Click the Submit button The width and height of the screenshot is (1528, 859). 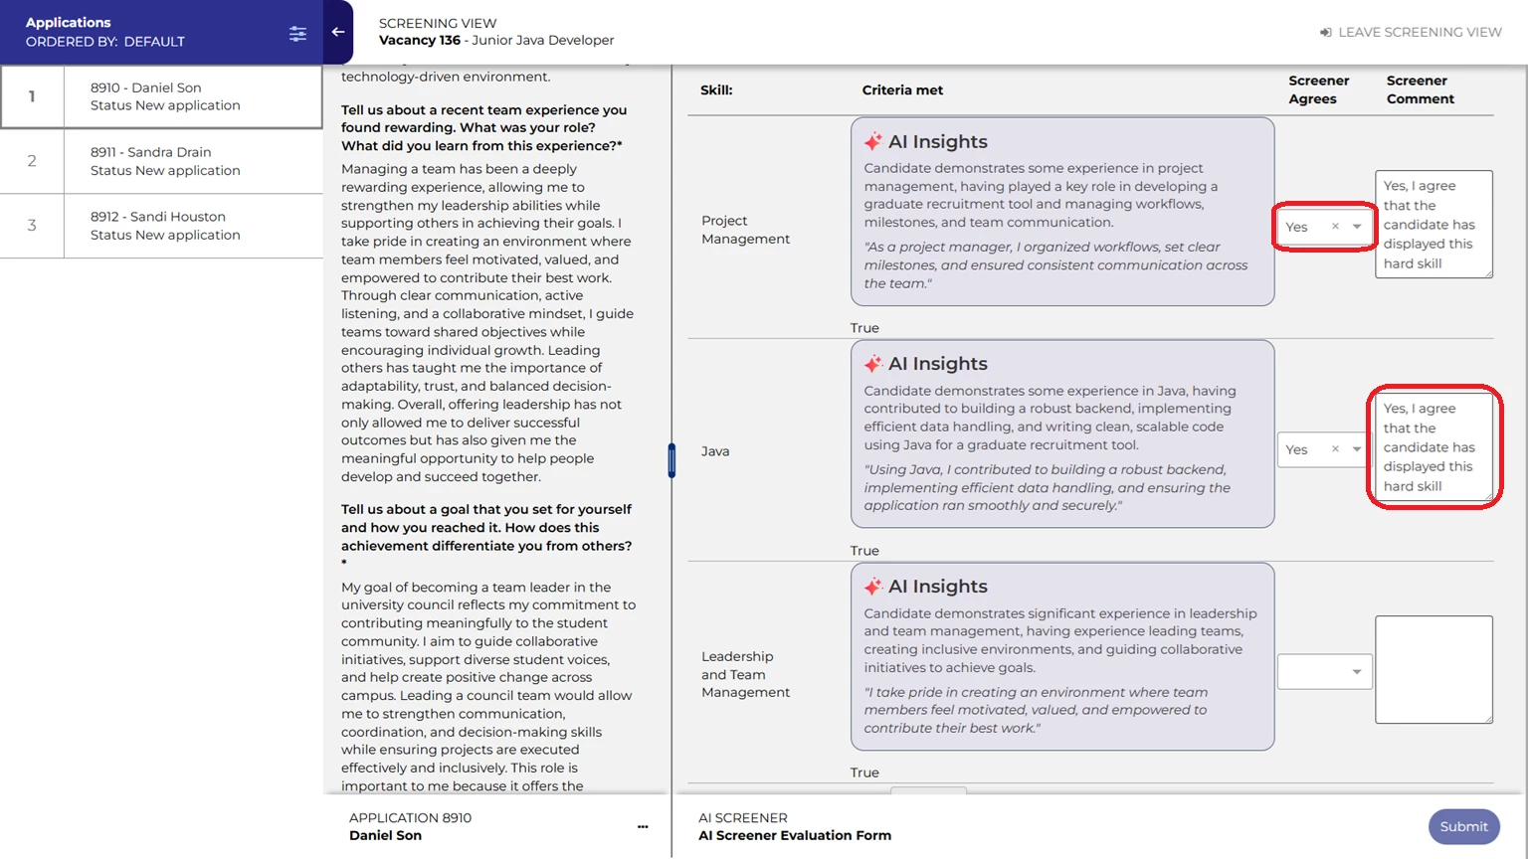pos(1463,826)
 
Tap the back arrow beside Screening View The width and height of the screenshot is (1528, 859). pos(338,32)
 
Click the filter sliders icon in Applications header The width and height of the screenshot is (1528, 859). pos(297,34)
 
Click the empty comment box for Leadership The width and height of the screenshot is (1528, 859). pos(1433,669)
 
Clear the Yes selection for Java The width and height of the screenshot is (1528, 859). pos(1335,449)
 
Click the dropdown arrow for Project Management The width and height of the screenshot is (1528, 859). pos(1357,227)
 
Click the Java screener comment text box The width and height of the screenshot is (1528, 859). pos(1433,446)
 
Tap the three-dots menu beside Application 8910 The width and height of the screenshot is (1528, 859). pos(643,826)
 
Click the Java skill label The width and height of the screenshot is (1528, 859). pos(715,451)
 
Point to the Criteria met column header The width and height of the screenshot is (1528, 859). pos(902,89)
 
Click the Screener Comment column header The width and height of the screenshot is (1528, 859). pos(1420,89)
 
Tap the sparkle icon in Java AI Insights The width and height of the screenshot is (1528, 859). pos(873,364)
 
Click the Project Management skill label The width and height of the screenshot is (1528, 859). pos(745,230)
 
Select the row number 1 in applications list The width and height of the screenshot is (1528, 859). pos(32,96)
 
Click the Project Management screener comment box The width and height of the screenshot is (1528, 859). pos(1433,224)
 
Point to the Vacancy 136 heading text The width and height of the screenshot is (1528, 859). pos(420,41)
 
